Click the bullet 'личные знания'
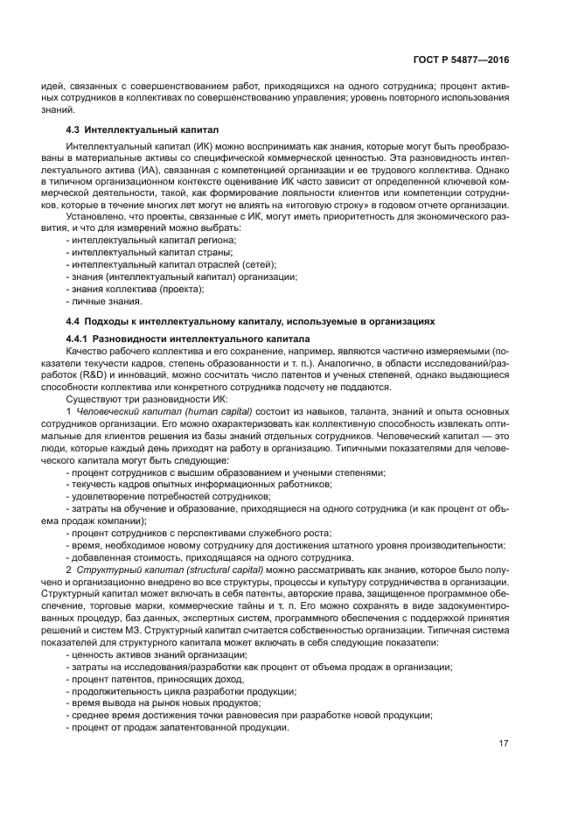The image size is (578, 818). [103, 301]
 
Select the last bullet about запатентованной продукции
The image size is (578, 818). [176, 728]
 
